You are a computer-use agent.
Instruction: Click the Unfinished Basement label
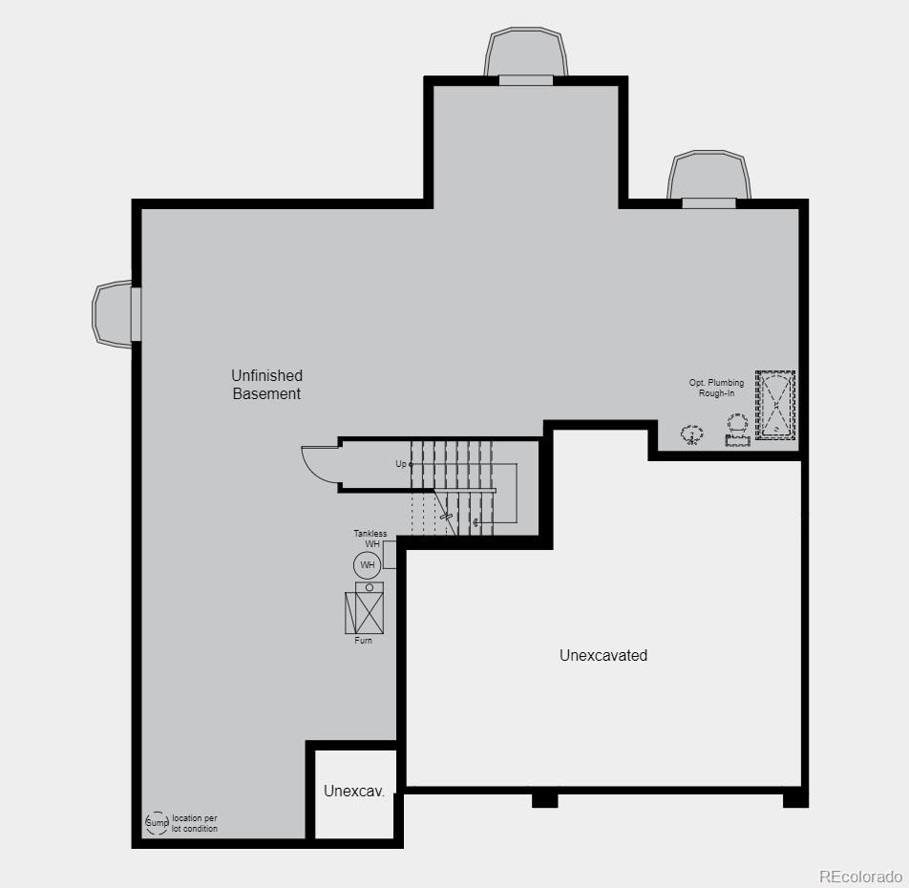click(x=266, y=385)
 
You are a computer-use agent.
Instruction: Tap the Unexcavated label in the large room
click(x=602, y=655)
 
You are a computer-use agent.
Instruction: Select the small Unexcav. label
click(x=353, y=791)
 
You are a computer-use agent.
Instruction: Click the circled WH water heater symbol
click(x=367, y=565)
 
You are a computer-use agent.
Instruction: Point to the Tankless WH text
click(x=370, y=539)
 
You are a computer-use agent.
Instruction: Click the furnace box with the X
click(x=364, y=612)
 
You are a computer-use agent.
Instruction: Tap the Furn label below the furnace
click(x=364, y=641)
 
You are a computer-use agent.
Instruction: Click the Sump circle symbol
click(x=157, y=823)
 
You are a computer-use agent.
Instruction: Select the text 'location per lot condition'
click(x=195, y=823)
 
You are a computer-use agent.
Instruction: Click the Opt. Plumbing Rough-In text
click(x=716, y=388)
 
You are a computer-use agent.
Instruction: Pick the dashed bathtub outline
click(x=775, y=405)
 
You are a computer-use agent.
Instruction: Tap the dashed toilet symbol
click(x=737, y=429)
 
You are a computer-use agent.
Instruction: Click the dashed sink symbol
click(x=692, y=434)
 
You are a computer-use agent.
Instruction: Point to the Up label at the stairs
click(x=402, y=464)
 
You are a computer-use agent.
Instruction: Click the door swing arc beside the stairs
click(x=319, y=462)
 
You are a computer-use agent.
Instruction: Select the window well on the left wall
click(x=113, y=313)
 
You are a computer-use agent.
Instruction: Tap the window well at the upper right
click(x=708, y=176)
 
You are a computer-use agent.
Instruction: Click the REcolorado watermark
click(x=859, y=876)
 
